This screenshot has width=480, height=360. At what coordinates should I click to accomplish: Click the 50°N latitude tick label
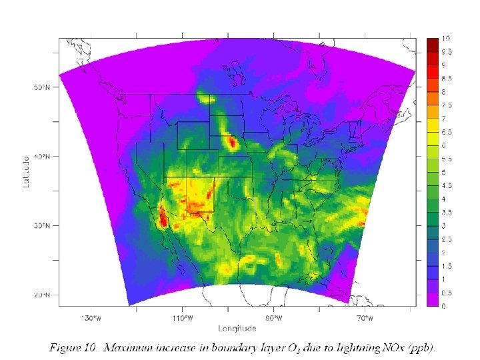42,87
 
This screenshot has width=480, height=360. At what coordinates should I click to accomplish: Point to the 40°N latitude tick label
42,157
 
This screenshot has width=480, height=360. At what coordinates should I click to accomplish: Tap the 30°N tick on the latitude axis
42,226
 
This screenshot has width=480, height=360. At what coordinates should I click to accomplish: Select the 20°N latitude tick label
42,295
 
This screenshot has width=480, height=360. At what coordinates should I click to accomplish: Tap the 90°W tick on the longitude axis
274,317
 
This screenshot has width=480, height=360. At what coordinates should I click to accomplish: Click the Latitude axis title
27,171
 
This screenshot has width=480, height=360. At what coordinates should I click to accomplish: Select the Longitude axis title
237,327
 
